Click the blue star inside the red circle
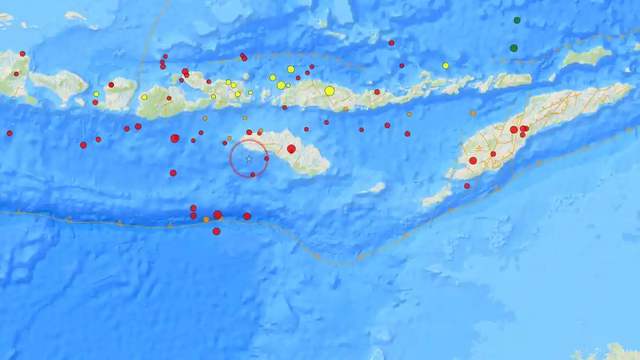(x=249, y=158)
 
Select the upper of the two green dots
(x=517, y=20)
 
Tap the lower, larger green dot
(x=514, y=48)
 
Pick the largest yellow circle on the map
(x=330, y=91)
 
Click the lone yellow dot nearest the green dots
(x=445, y=66)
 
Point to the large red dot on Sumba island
(x=291, y=149)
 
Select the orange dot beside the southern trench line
(x=206, y=219)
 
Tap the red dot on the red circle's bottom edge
(x=252, y=174)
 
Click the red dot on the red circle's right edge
(x=267, y=158)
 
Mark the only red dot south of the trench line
(x=217, y=231)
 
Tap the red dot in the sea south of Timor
(x=467, y=186)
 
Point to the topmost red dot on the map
(x=391, y=43)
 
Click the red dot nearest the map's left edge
(x=9, y=133)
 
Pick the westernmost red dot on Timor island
(x=473, y=161)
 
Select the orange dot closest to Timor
(x=473, y=113)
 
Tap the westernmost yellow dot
(x=96, y=94)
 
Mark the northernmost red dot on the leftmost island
(x=22, y=54)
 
